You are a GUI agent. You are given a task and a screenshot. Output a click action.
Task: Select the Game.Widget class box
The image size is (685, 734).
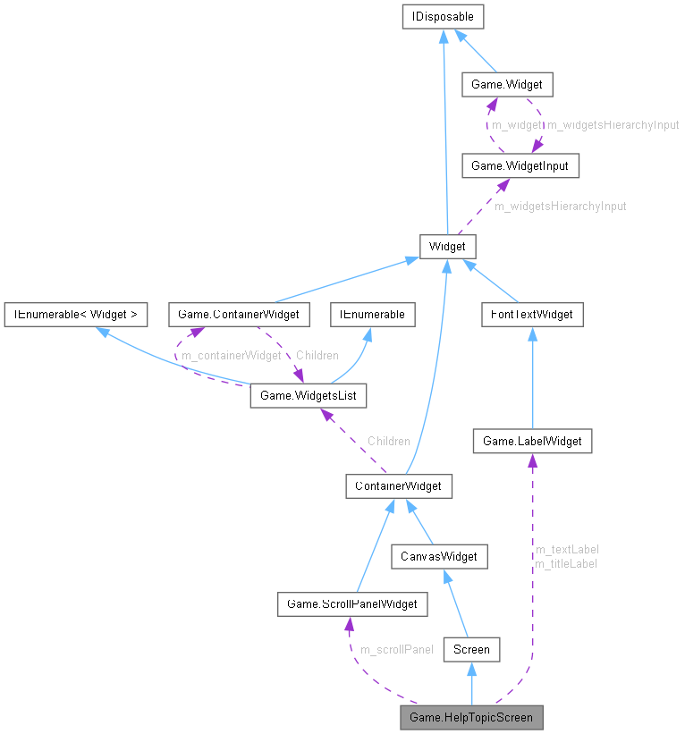pyautogui.click(x=506, y=85)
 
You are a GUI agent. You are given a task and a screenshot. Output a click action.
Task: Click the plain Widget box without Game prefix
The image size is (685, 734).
pyautogui.click(x=448, y=246)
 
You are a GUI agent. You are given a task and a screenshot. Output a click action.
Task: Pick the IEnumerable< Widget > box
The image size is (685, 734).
pyautogui.click(x=75, y=314)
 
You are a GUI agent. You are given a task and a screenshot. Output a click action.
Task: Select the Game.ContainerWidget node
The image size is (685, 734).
pyautogui.click(x=239, y=314)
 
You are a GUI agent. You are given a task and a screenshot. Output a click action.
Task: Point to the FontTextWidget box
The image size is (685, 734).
pyautogui.click(x=532, y=314)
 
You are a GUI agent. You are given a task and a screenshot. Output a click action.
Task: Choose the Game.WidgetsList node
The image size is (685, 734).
pyautogui.click(x=309, y=394)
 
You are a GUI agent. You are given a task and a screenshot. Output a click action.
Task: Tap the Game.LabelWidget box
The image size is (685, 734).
pyautogui.click(x=532, y=440)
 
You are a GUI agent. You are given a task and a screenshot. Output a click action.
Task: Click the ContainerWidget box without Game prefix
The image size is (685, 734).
pyautogui.click(x=399, y=485)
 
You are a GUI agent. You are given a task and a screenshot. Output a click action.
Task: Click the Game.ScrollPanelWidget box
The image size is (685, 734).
pyautogui.click(x=351, y=603)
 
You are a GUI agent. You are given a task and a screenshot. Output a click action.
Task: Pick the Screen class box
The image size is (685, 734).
pyautogui.click(x=471, y=649)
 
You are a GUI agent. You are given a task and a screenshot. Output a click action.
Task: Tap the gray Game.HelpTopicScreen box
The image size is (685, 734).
pyautogui.click(x=471, y=717)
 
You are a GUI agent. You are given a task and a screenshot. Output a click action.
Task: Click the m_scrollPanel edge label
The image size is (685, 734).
pyautogui.click(x=396, y=649)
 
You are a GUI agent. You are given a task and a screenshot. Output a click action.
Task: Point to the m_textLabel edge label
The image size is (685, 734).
pyautogui.click(x=566, y=549)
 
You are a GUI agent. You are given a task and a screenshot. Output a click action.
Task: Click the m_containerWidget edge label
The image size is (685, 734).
pyautogui.click(x=231, y=356)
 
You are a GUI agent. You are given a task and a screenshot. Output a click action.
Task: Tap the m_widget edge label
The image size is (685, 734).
pyautogui.click(x=517, y=125)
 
